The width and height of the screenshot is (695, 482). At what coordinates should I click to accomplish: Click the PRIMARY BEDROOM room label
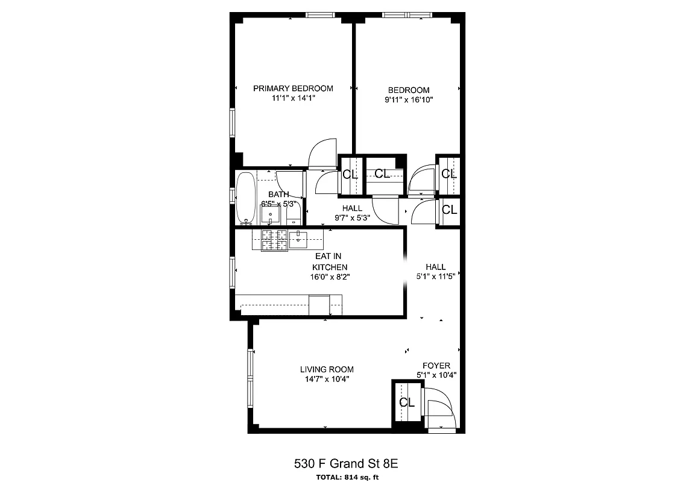(293, 88)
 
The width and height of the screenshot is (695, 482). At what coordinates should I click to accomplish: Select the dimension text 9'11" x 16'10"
(409, 100)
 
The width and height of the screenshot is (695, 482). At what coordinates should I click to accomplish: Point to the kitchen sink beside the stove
(300, 239)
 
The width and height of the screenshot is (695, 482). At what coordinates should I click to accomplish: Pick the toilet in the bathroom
(294, 213)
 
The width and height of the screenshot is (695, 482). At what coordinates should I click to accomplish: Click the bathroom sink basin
(270, 214)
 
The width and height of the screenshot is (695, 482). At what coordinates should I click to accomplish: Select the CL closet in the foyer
(407, 402)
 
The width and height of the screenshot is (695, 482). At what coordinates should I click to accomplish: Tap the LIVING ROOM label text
(327, 369)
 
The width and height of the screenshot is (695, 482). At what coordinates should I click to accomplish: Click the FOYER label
(436, 366)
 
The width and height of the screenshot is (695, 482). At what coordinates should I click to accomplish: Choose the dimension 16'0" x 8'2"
(329, 277)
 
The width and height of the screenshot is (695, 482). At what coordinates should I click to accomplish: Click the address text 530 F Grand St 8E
(347, 463)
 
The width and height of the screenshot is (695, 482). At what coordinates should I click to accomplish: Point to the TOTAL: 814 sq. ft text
(347, 477)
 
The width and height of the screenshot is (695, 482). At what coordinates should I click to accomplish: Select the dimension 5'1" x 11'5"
(435, 277)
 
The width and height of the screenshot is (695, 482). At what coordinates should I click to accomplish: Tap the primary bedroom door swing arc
(322, 153)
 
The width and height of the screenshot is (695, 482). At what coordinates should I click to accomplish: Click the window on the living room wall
(250, 378)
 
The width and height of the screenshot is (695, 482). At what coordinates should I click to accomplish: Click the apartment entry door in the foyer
(440, 410)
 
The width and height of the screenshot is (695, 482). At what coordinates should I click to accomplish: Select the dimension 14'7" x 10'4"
(327, 379)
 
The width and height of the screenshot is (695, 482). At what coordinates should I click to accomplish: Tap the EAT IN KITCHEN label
(329, 261)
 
